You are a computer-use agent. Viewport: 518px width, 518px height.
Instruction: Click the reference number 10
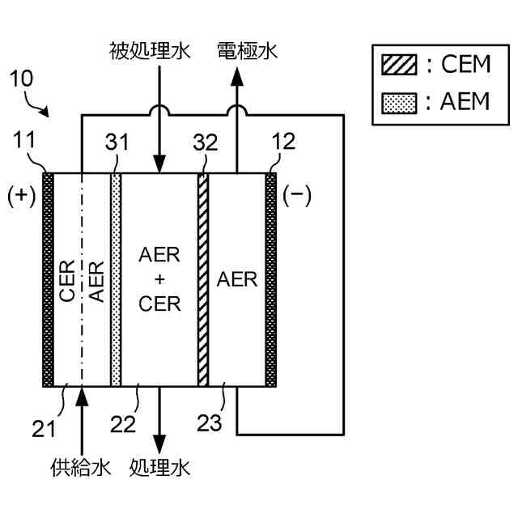(22, 79)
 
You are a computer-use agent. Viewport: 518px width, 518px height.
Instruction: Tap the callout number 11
(24, 140)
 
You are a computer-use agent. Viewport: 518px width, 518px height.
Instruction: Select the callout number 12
(283, 142)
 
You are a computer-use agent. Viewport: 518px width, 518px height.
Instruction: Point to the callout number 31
(117, 142)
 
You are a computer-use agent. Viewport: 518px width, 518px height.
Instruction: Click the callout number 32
(206, 142)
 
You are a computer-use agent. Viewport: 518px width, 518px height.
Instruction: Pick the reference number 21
(44, 429)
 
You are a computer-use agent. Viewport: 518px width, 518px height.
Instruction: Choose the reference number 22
(123, 424)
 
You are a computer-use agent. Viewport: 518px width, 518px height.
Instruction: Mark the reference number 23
(210, 422)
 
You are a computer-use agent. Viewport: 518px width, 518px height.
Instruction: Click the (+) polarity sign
(22, 196)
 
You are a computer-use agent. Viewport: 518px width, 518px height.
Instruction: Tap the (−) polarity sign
(297, 195)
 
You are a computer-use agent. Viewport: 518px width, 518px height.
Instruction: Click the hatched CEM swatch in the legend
(399, 65)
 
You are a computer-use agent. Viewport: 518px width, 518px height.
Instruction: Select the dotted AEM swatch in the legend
(399, 104)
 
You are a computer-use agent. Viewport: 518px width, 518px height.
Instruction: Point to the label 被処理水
(150, 51)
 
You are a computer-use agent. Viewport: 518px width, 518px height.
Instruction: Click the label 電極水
(247, 51)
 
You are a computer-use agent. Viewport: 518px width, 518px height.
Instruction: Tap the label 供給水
(81, 468)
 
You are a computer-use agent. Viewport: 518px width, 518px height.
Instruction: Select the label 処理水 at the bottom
(160, 468)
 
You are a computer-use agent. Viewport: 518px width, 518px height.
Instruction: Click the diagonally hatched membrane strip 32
(203, 279)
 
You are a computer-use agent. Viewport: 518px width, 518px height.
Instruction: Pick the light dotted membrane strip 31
(116, 279)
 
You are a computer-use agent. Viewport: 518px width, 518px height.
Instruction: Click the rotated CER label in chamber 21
(67, 281)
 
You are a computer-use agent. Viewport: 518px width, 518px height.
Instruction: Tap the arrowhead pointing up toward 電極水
(237, 76)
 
